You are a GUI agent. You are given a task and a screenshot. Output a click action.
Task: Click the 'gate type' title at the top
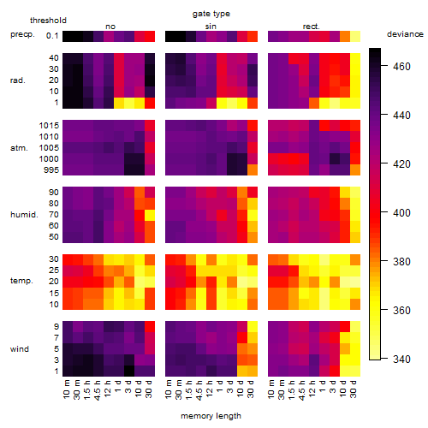pos(211,14)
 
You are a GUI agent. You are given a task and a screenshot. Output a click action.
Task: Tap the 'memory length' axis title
pos(211,416)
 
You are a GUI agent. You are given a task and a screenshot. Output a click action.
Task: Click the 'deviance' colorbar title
pos(405,34)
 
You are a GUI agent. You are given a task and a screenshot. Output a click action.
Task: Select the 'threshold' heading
pos(48,21)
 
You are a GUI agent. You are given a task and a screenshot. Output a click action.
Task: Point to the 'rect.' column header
pos(312,27)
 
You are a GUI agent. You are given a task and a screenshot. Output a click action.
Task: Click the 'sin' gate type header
pos(211,27)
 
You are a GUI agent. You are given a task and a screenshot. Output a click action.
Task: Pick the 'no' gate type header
pos(110,27)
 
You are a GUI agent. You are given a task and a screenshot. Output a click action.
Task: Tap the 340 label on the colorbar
pos(401,359)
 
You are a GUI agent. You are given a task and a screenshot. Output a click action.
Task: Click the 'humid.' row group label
pos(24,215)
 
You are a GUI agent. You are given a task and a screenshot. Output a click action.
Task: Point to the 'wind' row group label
pos(20,349)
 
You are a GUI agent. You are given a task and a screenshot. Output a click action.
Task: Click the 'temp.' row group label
pos(21,281)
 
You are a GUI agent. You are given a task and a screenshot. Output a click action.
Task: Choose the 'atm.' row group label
pos(19,148)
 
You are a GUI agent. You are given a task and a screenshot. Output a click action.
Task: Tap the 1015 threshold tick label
pos(49,126)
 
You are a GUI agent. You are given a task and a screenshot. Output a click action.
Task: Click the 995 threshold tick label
pos(51,170)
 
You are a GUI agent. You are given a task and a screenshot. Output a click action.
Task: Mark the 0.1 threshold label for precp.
pos(52,36)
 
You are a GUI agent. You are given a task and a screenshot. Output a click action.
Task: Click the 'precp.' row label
pos(22,34)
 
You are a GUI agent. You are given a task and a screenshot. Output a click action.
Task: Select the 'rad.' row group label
pos(18,80)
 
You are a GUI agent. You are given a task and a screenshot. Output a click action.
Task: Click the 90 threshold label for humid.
pos(54,193)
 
